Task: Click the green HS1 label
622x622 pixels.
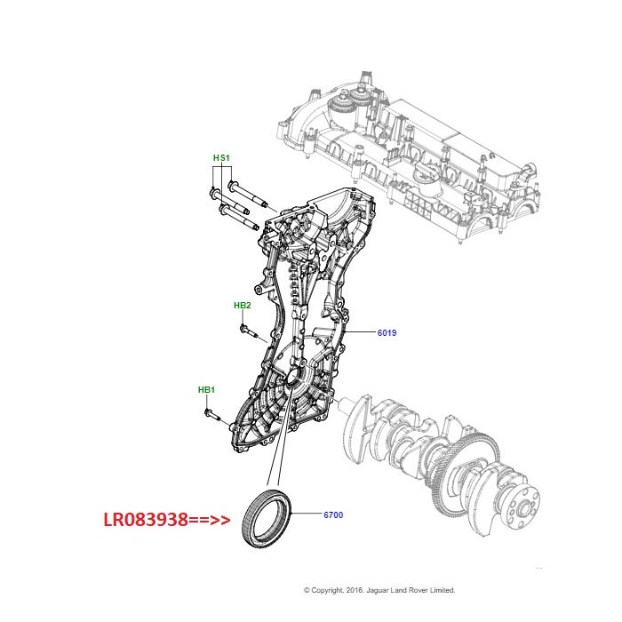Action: (221, 158)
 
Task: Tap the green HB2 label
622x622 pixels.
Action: (243, 306)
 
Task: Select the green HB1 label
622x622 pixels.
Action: (206, 390)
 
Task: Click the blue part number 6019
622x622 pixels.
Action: (387, 334)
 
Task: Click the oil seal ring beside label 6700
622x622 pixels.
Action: (266, 514)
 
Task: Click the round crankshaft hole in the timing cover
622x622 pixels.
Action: (292, 383)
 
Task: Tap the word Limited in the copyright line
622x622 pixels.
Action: (440, 589)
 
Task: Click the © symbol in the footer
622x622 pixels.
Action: (307, 589)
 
